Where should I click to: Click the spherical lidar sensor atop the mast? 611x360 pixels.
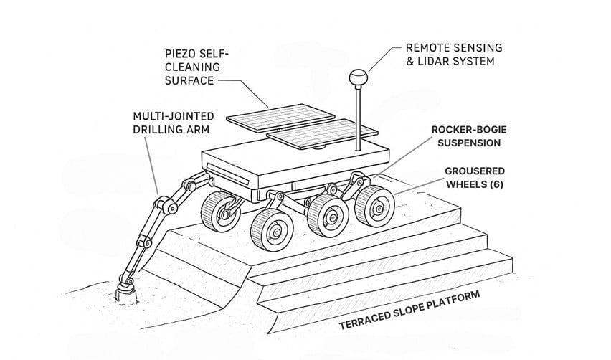356,76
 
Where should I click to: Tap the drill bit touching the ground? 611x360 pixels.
124,291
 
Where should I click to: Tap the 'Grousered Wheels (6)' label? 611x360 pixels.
474,178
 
